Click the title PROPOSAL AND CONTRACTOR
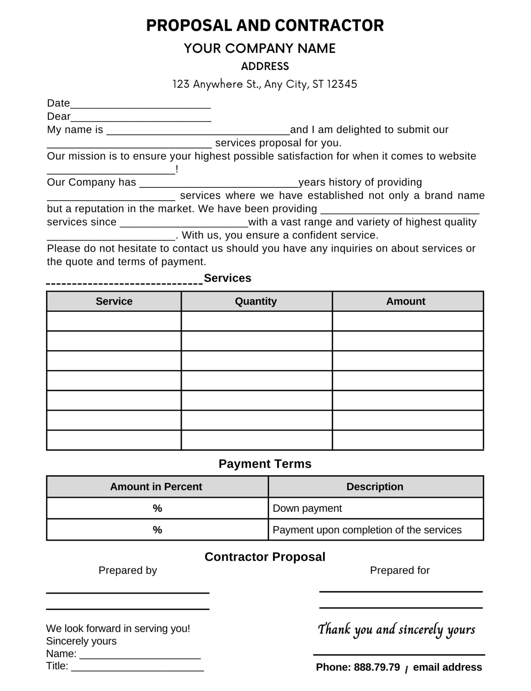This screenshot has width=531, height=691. click(x=265, y=25)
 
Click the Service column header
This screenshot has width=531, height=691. click(x=114, y=301)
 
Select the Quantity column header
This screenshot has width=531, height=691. click(x=256, y=301)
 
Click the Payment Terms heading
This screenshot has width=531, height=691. click(x=265, y=464)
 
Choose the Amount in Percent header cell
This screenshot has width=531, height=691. click(x=156, y=487)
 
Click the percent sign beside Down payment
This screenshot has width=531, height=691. click(x=157, y=508)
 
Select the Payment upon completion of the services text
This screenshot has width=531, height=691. click(x=367, y=530)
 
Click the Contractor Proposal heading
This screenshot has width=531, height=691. click(x=265, y=557)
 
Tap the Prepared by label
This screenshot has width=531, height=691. click(x=128, y=570)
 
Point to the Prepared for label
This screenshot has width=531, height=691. click(x=400, y=570)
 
